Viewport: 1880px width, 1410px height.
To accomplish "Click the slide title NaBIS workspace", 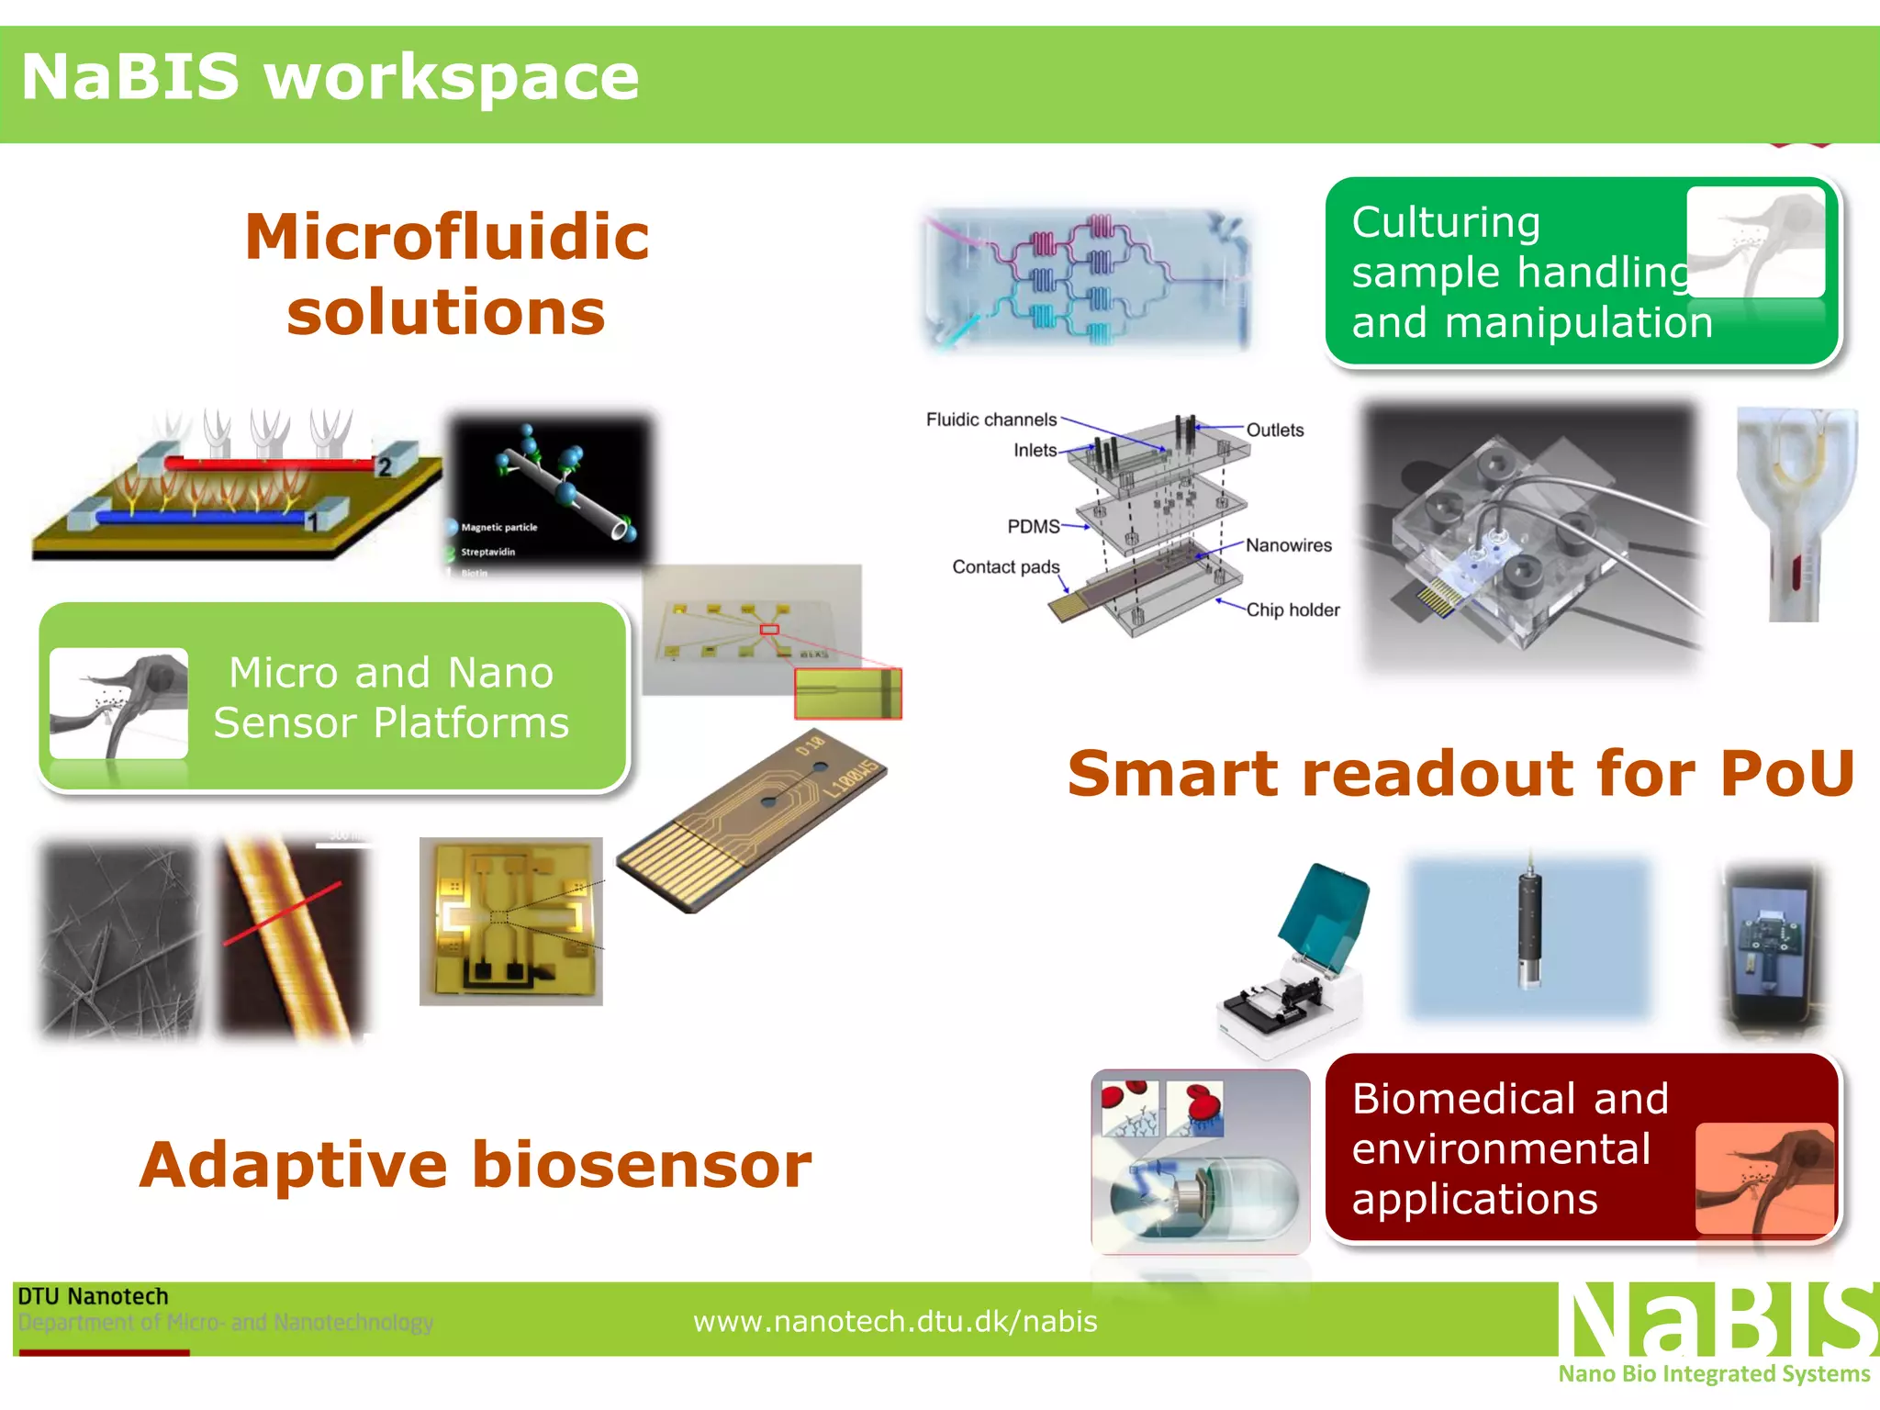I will pos(330,77).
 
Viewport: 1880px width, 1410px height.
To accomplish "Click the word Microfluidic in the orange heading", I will pos(447,237).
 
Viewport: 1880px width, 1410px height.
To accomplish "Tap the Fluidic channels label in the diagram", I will pos(990,420).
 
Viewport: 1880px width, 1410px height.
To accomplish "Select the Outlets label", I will pos(1274,430).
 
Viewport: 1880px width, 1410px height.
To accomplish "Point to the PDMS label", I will pos(1033,526).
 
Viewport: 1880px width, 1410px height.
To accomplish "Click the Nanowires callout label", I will pos(1288,545).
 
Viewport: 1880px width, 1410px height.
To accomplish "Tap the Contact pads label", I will pos(1005,566).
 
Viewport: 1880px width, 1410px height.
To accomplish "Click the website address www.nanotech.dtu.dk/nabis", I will pos(895,1321).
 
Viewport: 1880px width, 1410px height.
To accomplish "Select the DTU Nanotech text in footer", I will pos(93,1296).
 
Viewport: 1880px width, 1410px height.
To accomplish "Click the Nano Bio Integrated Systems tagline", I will pos(1713,1373).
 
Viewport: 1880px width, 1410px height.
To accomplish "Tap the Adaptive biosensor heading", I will pos(476,1165).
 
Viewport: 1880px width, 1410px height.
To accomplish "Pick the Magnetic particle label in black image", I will pos(498,527).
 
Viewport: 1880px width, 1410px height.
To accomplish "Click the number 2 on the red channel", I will pos(385,467).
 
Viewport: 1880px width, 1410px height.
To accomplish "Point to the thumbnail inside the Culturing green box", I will pos(1755,242).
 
